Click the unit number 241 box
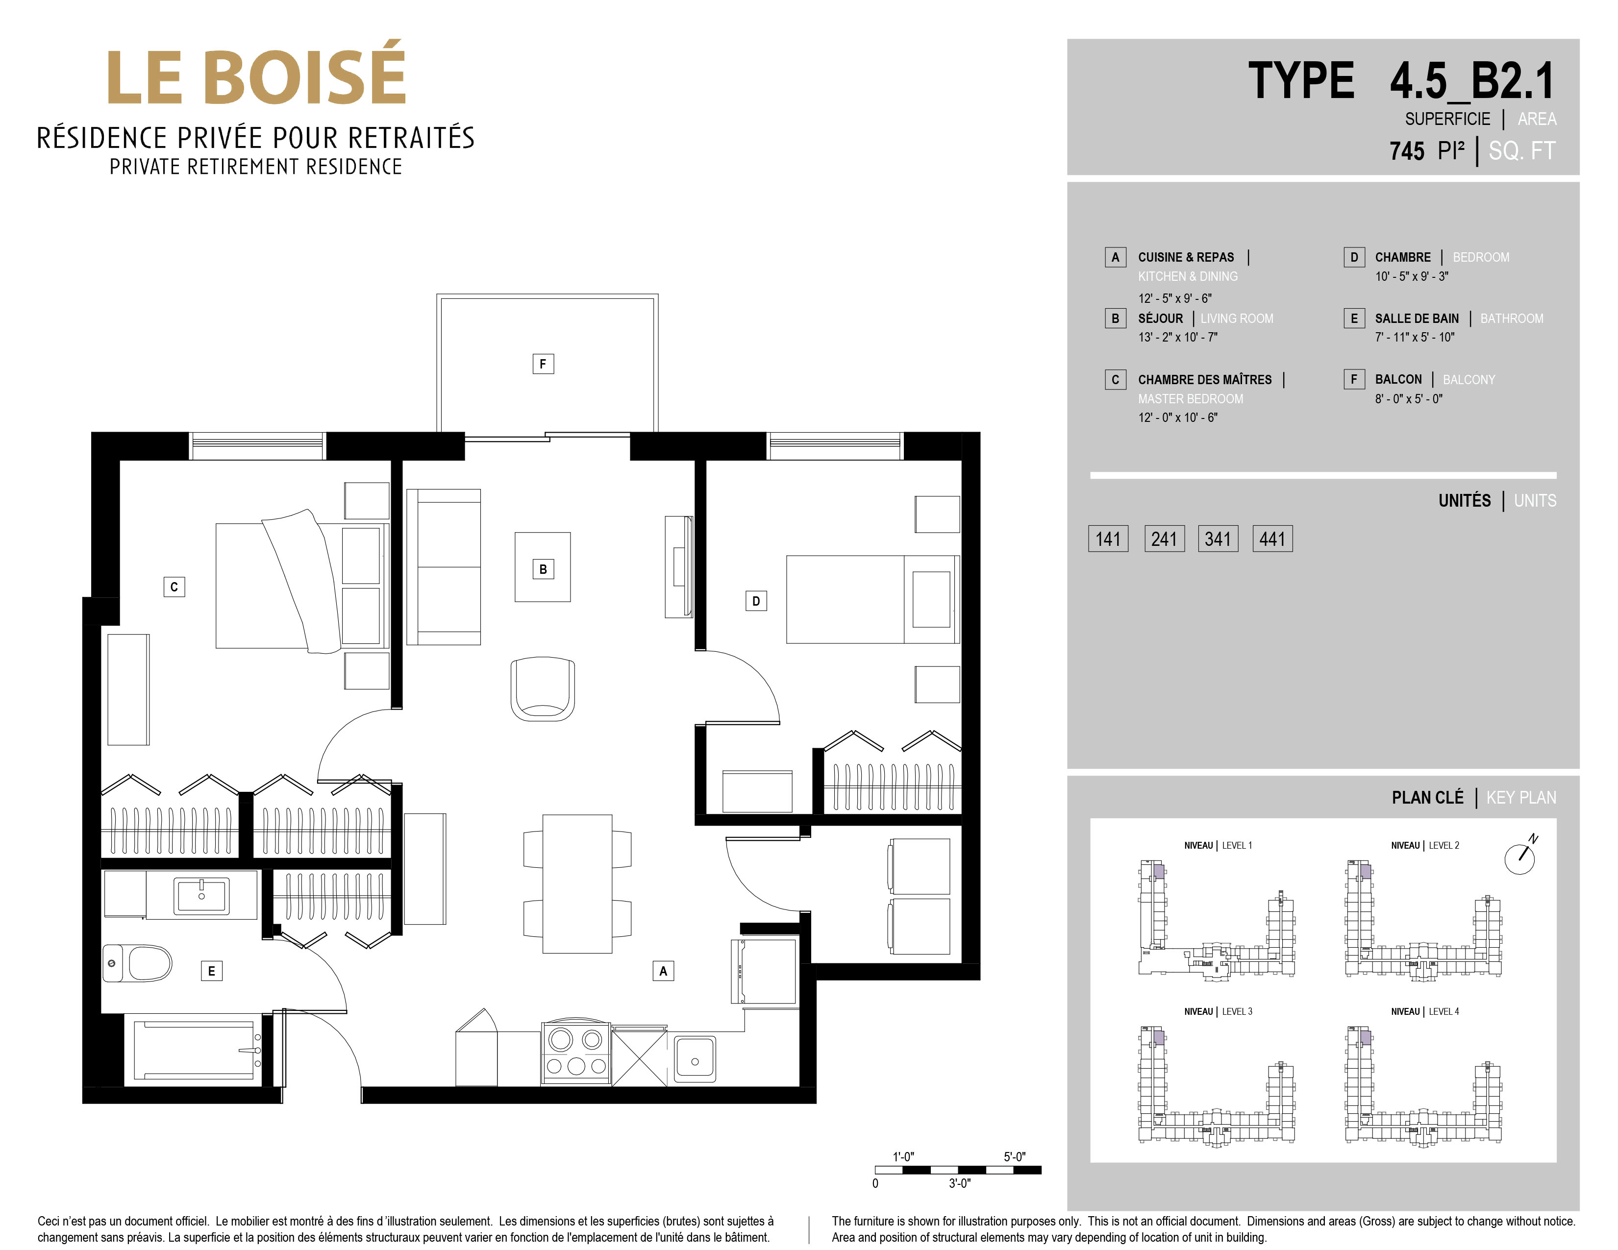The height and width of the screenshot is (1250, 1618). (1164, 539)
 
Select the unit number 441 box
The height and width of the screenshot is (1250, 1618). (1272, 539)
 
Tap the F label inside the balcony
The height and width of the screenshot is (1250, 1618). (543, 364)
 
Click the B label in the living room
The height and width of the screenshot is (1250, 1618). (543, 569)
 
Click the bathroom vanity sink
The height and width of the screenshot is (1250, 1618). (201, 896)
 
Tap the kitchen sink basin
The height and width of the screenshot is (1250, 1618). (695, 1059)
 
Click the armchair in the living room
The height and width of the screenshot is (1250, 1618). (542, 688)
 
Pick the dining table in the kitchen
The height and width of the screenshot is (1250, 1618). (577, 883)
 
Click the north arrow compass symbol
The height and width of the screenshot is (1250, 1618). (1521, 857)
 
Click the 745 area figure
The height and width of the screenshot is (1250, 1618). (1407, 151)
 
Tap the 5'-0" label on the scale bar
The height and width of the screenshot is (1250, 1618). (1014, 1157)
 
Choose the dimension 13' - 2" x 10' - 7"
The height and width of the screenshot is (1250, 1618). (1178, 337)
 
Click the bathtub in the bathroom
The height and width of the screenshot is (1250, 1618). (194, 1051)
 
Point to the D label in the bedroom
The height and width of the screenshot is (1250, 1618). (756, 601)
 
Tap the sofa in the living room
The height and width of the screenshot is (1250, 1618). (443, 566)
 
